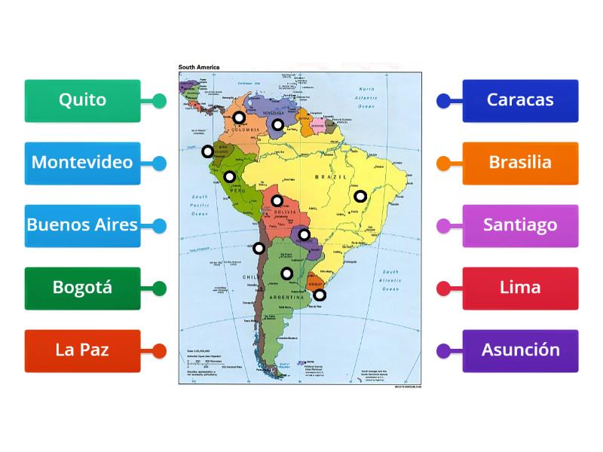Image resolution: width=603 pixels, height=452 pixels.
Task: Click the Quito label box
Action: point(82,100)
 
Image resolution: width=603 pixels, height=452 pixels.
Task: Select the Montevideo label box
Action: point(82,163)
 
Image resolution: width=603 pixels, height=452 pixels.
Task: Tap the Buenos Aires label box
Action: point(82,225)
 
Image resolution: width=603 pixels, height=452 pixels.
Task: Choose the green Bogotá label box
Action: point(82,288)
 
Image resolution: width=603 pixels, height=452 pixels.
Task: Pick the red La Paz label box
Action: point(82,350)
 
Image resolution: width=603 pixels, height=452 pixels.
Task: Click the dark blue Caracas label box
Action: point(520,100)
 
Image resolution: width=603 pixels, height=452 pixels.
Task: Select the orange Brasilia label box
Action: point(520,163)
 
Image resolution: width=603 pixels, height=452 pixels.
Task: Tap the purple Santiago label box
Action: point(520,225)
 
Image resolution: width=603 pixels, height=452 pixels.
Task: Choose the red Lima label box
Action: point(520,288)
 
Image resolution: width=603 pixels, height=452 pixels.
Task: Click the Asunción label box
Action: point(520,350)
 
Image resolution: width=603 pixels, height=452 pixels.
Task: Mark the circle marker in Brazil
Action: point(360,196)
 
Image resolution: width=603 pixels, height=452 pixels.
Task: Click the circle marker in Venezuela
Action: point(277,124)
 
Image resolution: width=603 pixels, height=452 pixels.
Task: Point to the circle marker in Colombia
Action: point(238,117)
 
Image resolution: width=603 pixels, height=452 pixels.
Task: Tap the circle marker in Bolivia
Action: point(277,200)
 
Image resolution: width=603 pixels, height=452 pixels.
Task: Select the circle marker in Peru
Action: point(229,177)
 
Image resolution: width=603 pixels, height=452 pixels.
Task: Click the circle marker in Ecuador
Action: point(207,151)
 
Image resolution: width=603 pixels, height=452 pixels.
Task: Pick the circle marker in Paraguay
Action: point(304,234)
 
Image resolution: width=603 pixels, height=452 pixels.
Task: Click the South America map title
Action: point(199,67)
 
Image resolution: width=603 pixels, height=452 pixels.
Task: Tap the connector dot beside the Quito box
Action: point(159,100)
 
